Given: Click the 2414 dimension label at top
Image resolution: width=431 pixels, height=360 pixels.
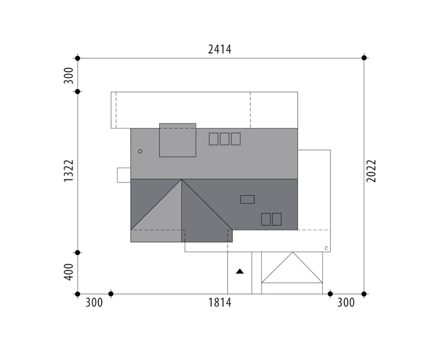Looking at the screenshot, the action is [x=220, y=49].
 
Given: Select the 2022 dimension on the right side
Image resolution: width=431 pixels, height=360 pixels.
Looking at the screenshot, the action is [x=371, y=171].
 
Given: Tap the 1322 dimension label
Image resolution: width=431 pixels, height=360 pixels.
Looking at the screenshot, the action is [x=69, y=171].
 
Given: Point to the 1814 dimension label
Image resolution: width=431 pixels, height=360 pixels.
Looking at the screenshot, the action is [x=220, y=303].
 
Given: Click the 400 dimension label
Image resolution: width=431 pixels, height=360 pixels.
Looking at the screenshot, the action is [x=69, y=272].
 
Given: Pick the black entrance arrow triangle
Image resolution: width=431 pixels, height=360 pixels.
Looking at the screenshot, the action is [x=240, y=271].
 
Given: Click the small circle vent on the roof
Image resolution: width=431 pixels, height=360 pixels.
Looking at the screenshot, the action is [x=140, y=151].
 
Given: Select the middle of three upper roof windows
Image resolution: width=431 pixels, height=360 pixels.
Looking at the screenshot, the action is [x=225, y=139].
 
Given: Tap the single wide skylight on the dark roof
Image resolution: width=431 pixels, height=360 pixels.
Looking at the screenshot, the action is [x=247, y=199].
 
